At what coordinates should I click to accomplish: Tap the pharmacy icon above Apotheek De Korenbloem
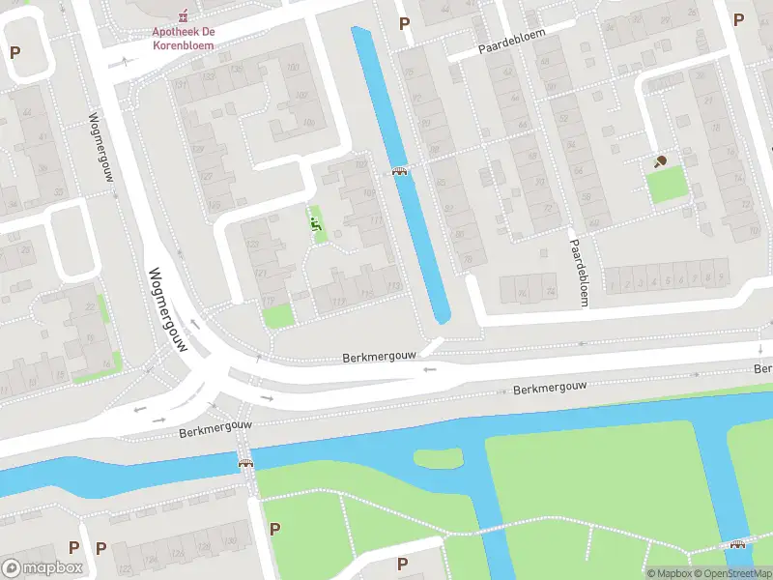click(183, 16)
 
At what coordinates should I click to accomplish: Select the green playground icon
click(316, 224)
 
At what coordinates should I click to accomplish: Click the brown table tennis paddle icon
click(661, 161)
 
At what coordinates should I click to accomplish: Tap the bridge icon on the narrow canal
click(399, 171)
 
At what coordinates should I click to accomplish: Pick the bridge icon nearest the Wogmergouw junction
click(245, 463)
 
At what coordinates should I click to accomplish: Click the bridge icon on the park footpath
click(738, 544)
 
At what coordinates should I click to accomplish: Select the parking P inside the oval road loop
click(14, 52)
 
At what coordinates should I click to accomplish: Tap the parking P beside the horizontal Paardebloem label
click(404, 23)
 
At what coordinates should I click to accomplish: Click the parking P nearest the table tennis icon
click(738, 19)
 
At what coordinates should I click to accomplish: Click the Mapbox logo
click(43, 568)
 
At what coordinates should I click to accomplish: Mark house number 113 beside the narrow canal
click(392, 285)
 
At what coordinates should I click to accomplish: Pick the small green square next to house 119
click(278, 315)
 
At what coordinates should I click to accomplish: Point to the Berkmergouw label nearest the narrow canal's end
click(379, 357)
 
